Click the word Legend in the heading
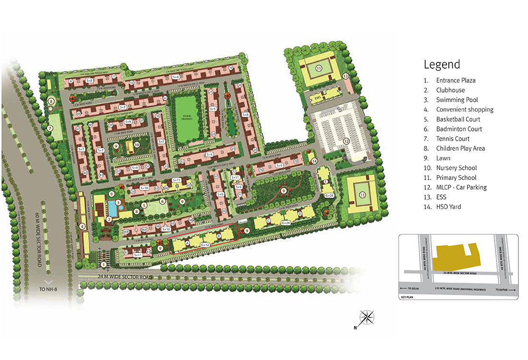(x=442, y=64)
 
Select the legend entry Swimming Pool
(x=457, y=100)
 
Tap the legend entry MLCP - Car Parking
(x=461, y=187)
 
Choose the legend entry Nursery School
(x=456, y=168)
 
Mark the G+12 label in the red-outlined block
(x=205, y=245)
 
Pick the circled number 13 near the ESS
(x=345, y=76)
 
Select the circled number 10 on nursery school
(x=137, y=144)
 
